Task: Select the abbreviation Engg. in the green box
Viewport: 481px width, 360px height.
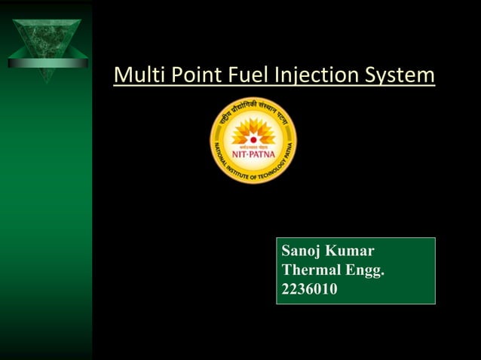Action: [366, 270]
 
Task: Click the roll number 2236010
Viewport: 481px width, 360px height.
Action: [309, 287]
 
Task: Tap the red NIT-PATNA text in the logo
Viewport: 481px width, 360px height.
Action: [253, 150]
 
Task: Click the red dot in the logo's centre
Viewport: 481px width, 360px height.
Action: [253, 139]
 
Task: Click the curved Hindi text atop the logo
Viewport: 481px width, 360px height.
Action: [253, 109]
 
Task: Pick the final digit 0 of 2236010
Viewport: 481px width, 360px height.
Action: [332, 287]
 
